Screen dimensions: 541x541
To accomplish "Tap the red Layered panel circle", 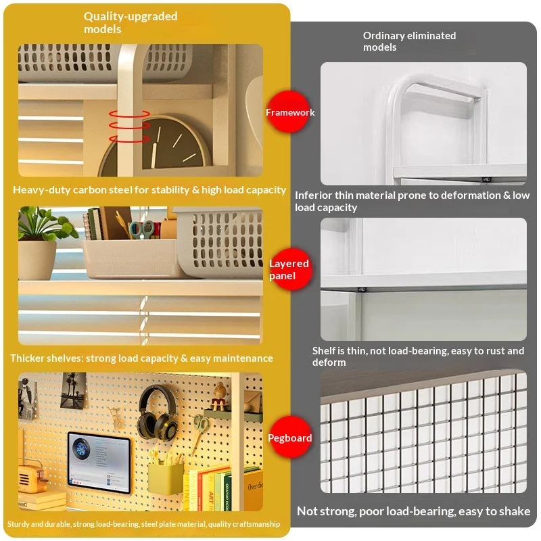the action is pyautogui.click(x=290, y=269).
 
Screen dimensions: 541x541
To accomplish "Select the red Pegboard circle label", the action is pyautogui.click(x=290, y=437).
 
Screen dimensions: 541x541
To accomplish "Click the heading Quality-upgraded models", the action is pyautogui.click(x=131, y=22).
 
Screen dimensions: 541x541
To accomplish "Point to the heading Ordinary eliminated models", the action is pyautogui.click(x=409, y=41).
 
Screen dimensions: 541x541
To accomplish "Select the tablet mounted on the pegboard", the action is pyautogui.click(x=99, y=462).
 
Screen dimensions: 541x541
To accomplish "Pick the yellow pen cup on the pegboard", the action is pyautogui.click(x=166, y=478).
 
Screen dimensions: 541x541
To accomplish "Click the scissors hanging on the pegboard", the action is pyautogui.click(x=201, y=431).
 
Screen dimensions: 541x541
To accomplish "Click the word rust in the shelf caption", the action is pyautogui.click(x=496, y=351).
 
